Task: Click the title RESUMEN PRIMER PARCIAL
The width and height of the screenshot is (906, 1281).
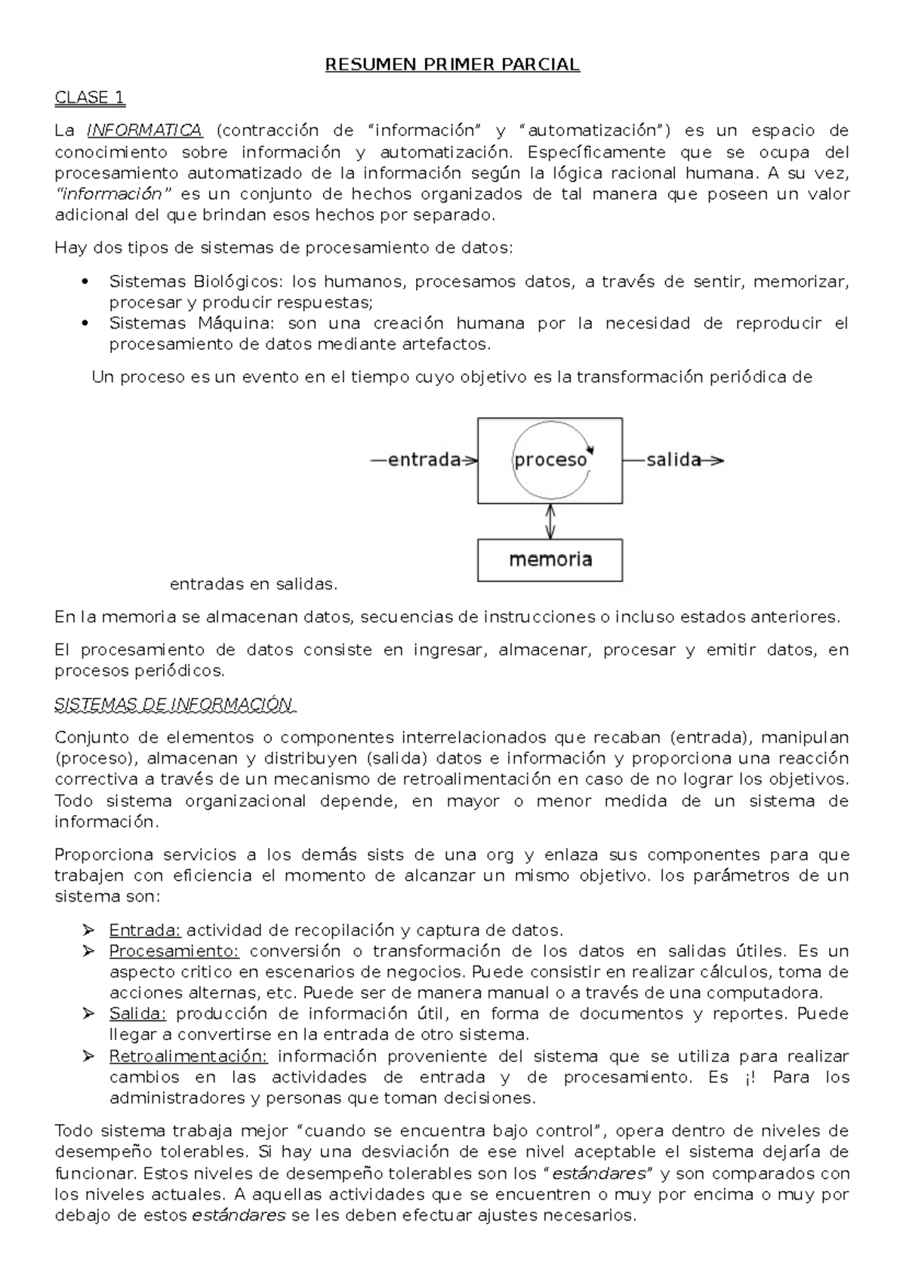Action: [452, 65]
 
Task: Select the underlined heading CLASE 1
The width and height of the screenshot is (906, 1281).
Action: [90, 97]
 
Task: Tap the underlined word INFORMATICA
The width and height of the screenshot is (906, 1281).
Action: [145, 130]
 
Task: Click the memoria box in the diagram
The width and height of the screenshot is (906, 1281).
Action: [550, 560]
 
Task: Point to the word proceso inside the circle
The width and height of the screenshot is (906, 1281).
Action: [550, 460]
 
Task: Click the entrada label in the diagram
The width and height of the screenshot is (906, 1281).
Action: [424, 460]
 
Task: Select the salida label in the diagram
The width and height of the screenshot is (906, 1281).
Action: [673, 460]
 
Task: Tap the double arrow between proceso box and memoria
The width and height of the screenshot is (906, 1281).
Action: [550, 521]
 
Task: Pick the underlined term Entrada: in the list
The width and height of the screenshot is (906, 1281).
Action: [145, 930]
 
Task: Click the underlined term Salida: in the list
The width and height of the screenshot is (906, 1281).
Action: [137, 1014]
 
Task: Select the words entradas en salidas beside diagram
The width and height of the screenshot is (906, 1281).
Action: [254, 584]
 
